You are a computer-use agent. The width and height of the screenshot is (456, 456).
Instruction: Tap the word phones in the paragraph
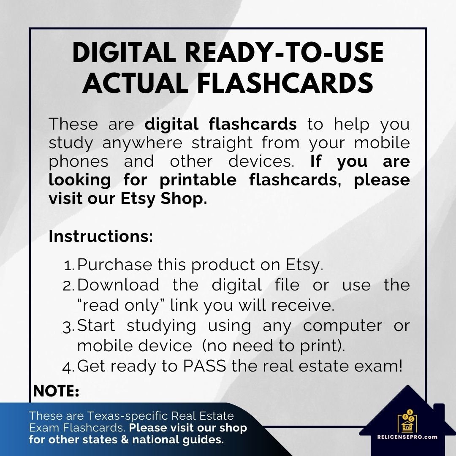click(79, 161)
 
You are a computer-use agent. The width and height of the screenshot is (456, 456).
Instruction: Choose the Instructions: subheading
click(101, 236)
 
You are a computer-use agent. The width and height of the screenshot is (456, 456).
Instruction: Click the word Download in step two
click(119, 285)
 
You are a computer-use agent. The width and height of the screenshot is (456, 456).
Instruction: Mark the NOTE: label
click(56, 391)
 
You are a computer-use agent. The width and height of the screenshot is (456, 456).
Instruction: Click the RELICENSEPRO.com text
click(407, 437)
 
